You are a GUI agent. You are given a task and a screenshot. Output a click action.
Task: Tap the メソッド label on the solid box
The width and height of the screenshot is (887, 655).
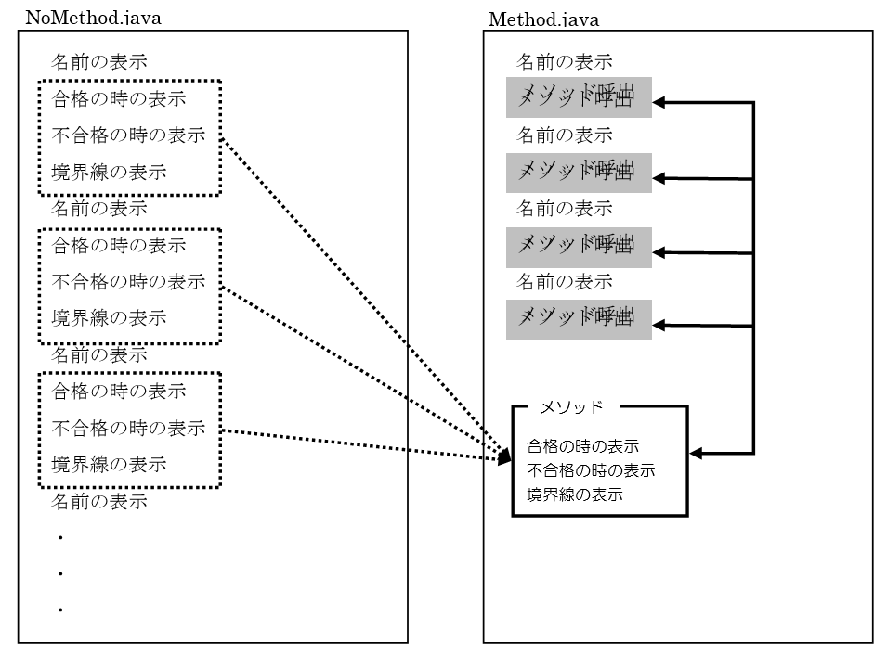click(572, 406)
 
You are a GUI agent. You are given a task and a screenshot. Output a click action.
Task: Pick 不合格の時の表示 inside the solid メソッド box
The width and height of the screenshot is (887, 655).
click(592, 470)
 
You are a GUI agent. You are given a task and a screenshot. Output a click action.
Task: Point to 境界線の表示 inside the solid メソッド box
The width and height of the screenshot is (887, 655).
click(575, 494)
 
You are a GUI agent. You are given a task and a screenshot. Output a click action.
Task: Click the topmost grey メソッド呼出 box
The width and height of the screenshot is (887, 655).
click(578, 96)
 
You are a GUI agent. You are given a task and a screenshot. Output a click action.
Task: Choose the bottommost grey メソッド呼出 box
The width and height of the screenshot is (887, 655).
click(578, 319)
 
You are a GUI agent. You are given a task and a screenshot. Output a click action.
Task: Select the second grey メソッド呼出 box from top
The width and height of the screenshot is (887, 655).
click(578, 172)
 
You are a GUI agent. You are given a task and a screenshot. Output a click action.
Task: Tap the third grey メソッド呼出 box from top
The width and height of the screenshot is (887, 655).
click(578, 246)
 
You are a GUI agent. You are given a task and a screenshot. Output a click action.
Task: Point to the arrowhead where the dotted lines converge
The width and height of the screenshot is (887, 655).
click(505, 456)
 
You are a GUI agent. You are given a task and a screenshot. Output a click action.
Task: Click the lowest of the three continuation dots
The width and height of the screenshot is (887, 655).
click(59, 610)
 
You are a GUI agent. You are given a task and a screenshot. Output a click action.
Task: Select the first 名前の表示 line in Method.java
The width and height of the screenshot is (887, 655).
click(564, 63)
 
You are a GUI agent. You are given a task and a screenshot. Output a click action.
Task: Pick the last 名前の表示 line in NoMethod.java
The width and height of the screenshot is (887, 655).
click(98, 502)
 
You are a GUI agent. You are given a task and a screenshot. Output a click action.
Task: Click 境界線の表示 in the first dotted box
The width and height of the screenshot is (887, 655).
click(109, 172)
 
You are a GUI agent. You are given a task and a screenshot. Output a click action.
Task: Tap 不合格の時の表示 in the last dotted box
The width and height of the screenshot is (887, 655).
click(128, 429)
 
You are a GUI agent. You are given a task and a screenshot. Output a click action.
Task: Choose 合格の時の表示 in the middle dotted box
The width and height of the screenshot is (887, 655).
click(119, 246)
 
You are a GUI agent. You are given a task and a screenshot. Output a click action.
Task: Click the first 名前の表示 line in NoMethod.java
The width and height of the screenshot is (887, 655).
click(98, 63)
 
